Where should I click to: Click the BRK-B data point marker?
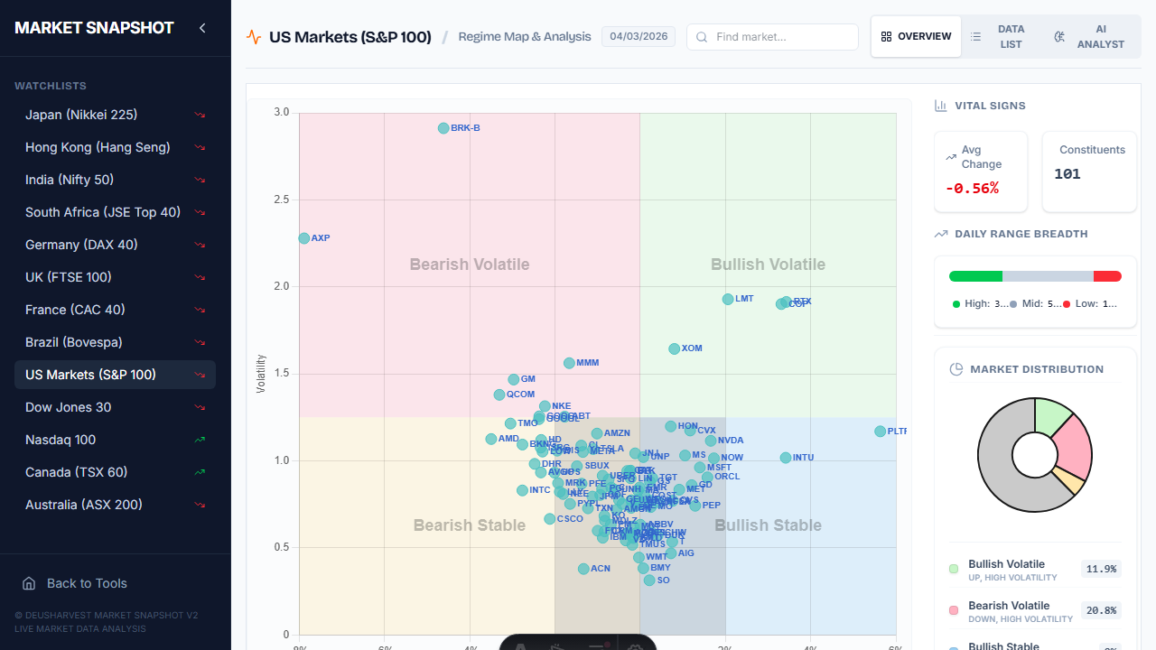click(443, 128)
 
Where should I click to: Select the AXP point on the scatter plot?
click(304, 238)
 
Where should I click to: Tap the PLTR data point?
click(881, 432)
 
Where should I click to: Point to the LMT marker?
click(728, 299)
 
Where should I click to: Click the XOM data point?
click(674, 348)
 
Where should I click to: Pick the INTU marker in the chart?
click(786, 458)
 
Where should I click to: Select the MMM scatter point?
click(569, 363)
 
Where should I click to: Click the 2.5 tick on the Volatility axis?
click(282, 200)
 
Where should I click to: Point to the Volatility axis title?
click(261, 373)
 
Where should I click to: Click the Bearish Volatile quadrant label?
click(470, 265)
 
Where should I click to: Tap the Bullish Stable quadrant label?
click(768, 525)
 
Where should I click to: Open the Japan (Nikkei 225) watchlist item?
click(81, 115)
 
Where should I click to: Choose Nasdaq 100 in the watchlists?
click(61, 440)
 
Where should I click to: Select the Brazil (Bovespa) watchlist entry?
click(74, 342)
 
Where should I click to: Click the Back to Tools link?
click(87, 583)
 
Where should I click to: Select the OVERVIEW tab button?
click(916, 37)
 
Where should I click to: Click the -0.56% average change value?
click(972, 188)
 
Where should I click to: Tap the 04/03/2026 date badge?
click(639, 37)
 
